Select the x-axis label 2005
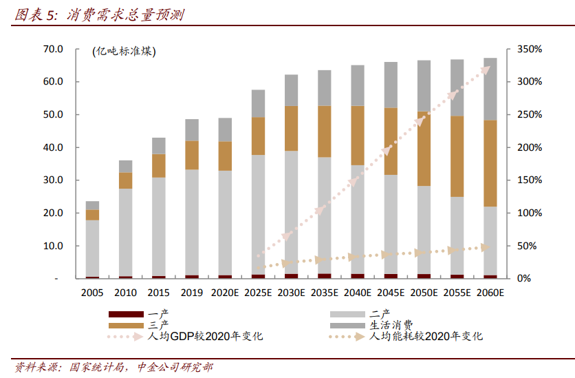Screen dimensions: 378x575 (x=92, y=293)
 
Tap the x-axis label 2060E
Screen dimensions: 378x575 (x=490, y=293)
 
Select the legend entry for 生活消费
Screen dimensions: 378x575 (x=391, y=325)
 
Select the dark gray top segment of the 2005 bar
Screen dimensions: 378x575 (x=92, y=205)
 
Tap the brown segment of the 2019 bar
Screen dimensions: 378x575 (x=192, y=155)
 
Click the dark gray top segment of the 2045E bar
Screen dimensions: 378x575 (x=391, y=85)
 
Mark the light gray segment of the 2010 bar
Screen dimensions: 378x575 (x=125, y=232)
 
